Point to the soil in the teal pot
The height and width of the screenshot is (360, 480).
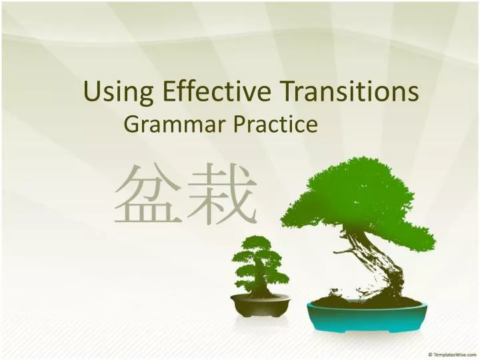click(368, 302)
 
